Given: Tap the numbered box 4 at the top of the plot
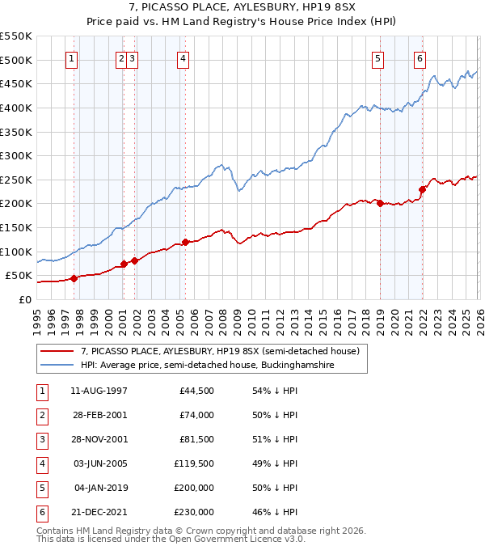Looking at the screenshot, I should point(184,58).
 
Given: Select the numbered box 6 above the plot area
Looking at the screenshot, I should point(420,58).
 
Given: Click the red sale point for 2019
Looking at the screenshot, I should point(380,203).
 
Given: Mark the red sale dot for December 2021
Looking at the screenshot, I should point(422,189).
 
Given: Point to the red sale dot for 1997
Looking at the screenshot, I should point(74,278).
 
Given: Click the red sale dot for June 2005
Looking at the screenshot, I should point(185,242).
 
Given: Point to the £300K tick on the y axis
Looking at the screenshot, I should point(16,155).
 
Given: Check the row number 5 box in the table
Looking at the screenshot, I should point(40,488).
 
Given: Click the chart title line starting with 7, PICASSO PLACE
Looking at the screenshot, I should point(242,8).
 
